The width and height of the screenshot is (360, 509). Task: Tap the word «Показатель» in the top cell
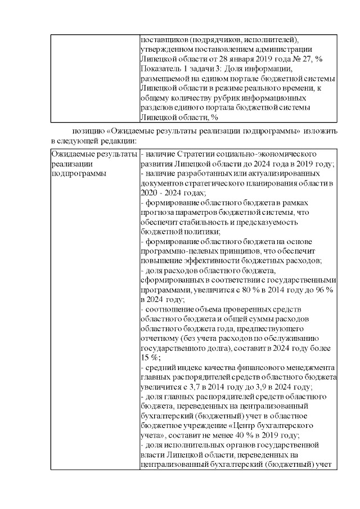click(x=159, y=68)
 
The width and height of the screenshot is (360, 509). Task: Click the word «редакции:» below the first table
click(x=119, y=139)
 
